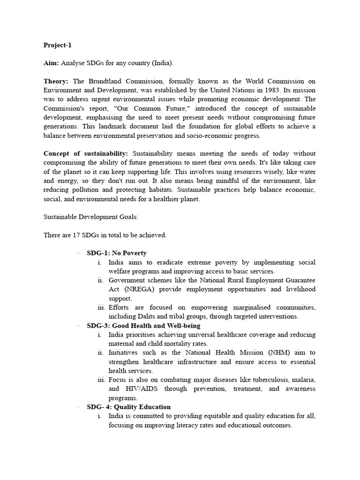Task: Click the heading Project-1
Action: (x=58, y=45)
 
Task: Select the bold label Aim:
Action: (x=52, y=63)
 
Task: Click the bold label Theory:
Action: (x=56, y=81)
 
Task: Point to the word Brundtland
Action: (x=102, y=81)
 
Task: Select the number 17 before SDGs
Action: (x=77, y=235)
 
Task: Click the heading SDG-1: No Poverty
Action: (x=117, y=253)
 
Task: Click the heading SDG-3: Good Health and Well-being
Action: (x=143, y=325)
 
